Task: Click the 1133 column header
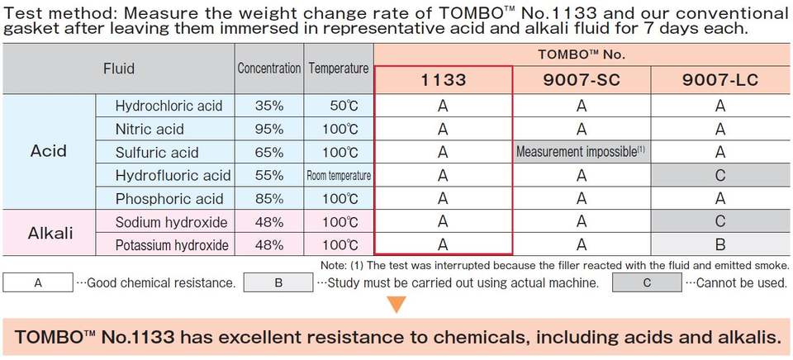[x=443, y=80]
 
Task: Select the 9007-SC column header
[x=582, y=80]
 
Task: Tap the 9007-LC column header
[x=720, y=80]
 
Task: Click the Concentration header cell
[x=269, y=69]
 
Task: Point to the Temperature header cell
[x=339, y=69]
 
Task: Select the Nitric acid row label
[x=150, y=129]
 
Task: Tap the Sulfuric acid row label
[x=157, y=152]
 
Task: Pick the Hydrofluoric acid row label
[x=173, y=175]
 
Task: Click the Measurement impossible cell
[x=582, y=152]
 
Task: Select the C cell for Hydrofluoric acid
[x=720, y=175]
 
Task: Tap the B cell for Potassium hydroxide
[x=720, y=245]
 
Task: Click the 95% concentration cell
[x=269, y=129]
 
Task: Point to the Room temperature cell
[x=339, y=175]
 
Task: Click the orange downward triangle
[x=397, y=304]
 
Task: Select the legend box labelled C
[x=647, y=282]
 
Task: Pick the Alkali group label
[x=50, y=233]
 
